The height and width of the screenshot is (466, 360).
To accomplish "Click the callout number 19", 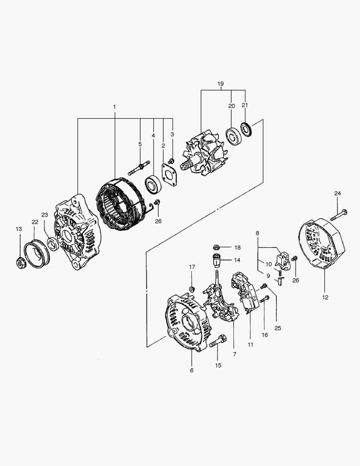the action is (220, 84).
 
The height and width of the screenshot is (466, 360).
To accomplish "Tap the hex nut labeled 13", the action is (21, 263).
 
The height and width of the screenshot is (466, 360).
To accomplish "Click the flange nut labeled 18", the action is (217, 247).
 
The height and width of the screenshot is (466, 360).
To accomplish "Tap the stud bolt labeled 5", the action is (139, 168).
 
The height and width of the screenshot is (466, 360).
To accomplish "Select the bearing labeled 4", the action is (153, 185).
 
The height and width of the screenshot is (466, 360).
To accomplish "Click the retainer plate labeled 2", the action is (169, 175).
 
